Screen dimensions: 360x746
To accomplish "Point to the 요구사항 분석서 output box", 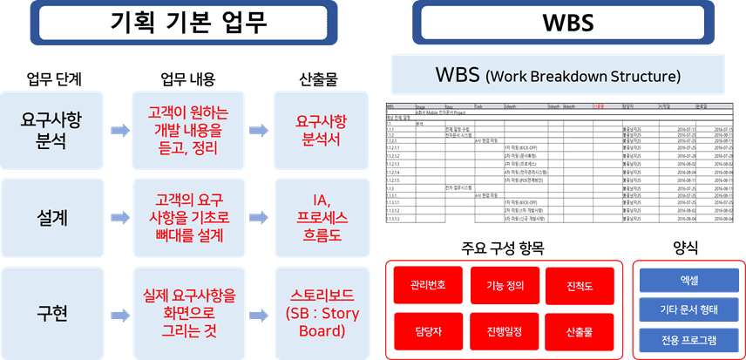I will click(315, 130).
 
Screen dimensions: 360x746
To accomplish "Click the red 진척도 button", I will click(579, 285).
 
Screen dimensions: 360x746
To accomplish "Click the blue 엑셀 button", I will click(688, 281).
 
